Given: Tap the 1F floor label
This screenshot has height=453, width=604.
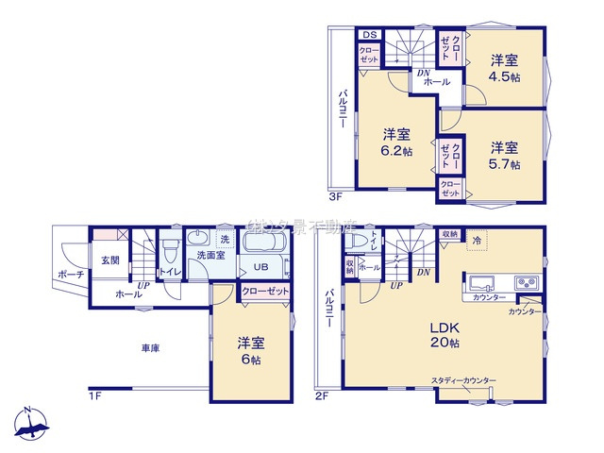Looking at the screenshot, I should click(x=94, y=394).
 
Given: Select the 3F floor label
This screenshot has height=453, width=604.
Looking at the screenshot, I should click(x=336, y=198).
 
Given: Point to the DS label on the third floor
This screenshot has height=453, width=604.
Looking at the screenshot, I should click(x=368, y=36).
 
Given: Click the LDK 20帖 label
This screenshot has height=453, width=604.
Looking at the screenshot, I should click(x=445, y=334).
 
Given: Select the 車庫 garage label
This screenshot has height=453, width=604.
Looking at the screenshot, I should click(x=150, y=348).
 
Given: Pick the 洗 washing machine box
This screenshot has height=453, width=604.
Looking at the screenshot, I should click(x=225, y=240).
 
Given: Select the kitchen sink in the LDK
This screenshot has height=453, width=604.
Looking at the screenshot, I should click(x=480, y=283).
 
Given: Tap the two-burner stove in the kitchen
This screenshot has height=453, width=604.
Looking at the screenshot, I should click(x=525, y=282).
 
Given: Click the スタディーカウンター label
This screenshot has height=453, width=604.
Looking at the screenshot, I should click(x=463, y=380).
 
